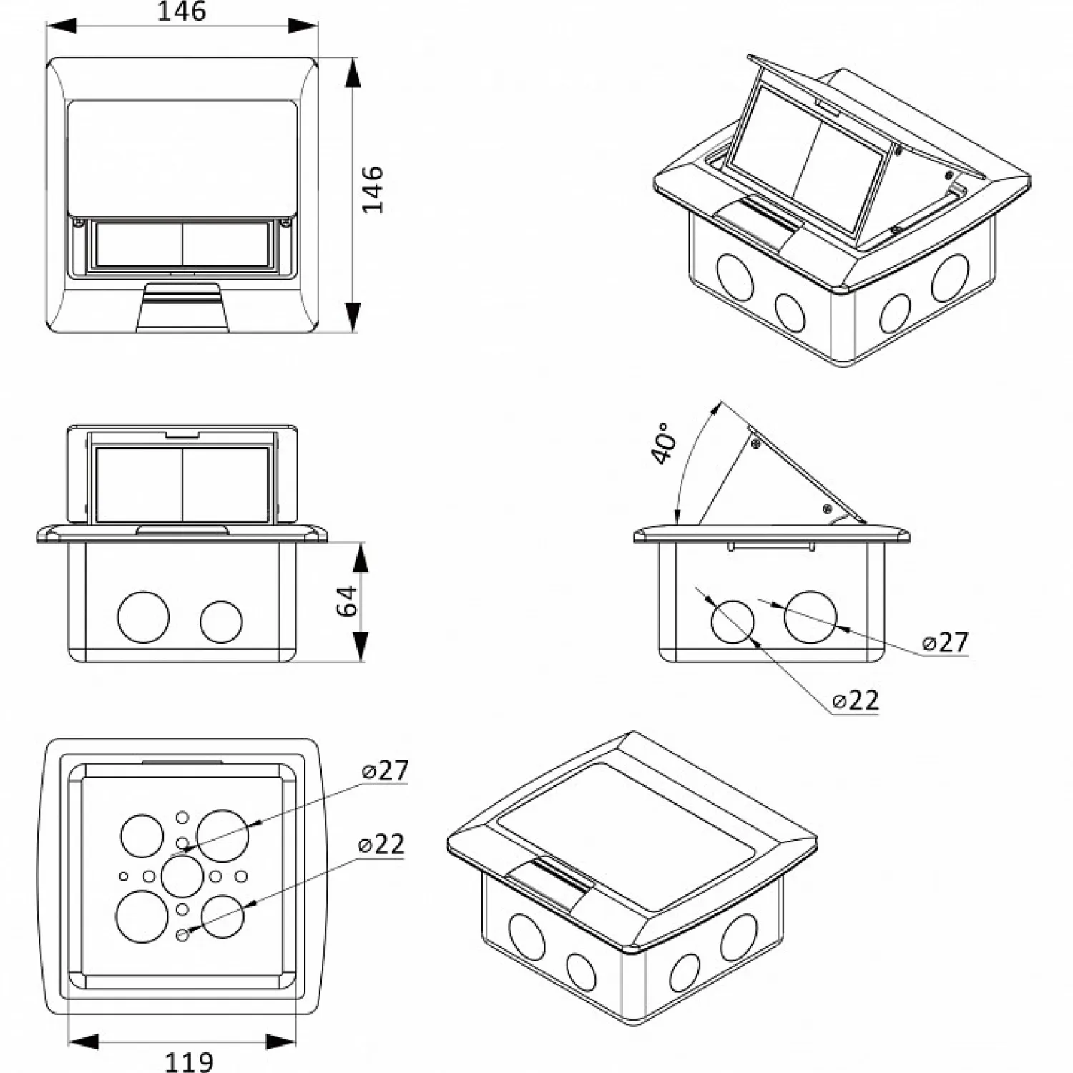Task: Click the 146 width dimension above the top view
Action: coord(182,11)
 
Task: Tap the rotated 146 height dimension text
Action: coord(373,190)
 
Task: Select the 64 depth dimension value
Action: coord(347,600)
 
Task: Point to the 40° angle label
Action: coord(663,444)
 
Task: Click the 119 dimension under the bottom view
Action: coord(189,1062)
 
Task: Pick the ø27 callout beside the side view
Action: coord(945,642)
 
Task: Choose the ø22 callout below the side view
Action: coord(856,700)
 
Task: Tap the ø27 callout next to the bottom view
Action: coord(385,770)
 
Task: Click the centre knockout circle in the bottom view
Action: coord(182,876)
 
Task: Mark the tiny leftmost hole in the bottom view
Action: coord(124,876)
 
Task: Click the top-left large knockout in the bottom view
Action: coord(142,836)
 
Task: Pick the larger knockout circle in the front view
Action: coord(144,617)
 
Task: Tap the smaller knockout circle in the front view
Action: coord(221,622)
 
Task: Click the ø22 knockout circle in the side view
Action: coord(733,621)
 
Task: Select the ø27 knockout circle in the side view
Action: coord(810,617)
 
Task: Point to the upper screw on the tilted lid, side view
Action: coord(755,444)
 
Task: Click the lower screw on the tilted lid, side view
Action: coord(827,509)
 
